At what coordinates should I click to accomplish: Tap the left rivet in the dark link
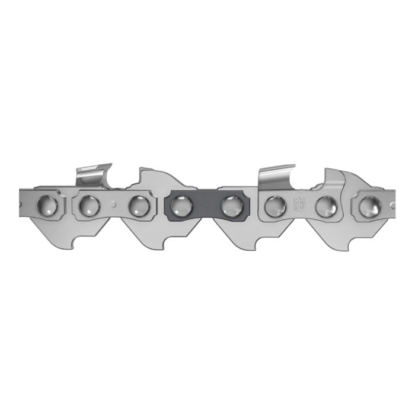[181, 206]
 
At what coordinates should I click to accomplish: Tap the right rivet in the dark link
[231, 206]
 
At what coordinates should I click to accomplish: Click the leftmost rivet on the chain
[47, 206]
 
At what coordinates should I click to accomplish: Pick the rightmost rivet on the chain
[369, 206]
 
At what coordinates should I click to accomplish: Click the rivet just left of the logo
[275, 206]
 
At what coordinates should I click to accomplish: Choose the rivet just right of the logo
[325, 206]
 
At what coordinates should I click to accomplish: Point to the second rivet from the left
[89, 206]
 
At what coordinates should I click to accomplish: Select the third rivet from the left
[139, 206]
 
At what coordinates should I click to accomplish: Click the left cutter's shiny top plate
[94, 173]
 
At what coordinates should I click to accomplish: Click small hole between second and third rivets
[114, 205]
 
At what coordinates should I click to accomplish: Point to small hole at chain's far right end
[392, 205]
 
